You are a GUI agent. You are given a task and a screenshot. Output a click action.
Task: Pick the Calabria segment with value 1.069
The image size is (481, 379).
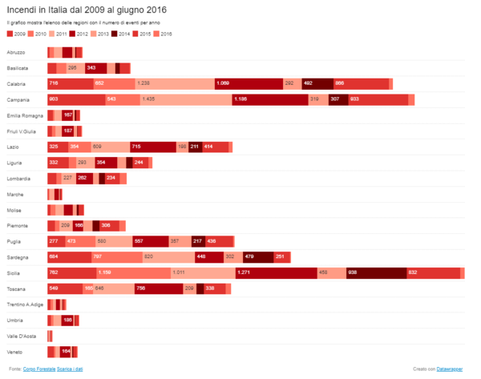249,83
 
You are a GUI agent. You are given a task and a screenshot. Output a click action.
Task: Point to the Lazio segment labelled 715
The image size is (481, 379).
152,147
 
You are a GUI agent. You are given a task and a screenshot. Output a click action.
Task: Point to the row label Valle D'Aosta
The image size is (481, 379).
22,337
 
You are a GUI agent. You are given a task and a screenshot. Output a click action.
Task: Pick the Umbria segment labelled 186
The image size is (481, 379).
68,321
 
